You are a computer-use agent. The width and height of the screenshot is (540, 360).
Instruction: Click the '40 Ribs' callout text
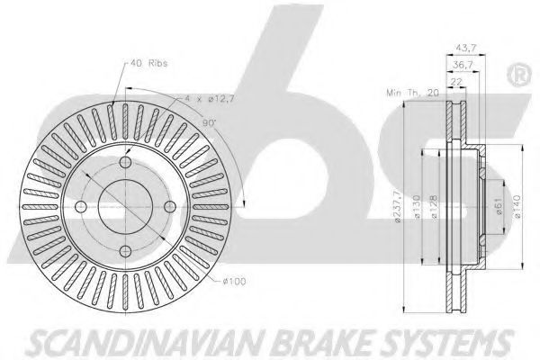tap(149, 63)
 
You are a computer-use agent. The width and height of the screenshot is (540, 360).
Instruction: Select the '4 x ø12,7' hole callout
tap(210, 99)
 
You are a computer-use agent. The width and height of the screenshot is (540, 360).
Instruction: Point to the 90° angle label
tap(209, 123)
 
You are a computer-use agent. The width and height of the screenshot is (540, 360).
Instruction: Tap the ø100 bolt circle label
tap(234, 282)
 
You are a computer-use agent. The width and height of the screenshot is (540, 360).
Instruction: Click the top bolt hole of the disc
tap(125, 162)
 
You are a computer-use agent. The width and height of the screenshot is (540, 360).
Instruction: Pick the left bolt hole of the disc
tap(81, 207)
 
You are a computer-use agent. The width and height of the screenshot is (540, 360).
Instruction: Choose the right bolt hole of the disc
tap(170, 207)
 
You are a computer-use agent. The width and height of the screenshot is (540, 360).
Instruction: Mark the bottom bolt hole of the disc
tap(125, 251)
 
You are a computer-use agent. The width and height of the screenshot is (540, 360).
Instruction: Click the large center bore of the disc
tap(125, 207)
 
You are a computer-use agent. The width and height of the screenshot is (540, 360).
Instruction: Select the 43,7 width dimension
tap(465, 48)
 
